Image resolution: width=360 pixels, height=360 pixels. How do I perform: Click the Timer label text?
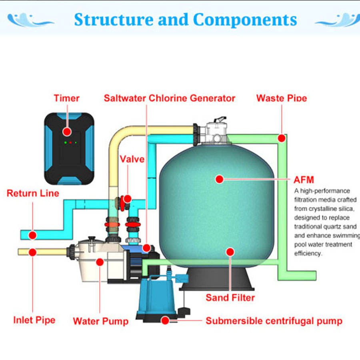pos(66,98)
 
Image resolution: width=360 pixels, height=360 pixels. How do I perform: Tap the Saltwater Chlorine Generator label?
pos(170,98)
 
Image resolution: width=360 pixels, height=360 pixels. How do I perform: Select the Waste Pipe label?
pos(282,98)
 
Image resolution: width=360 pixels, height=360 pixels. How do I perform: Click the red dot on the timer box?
pos(67,132)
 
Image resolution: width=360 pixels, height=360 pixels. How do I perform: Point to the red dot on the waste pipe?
pos(282,138)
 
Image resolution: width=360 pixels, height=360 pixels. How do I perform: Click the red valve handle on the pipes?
pos(122,203)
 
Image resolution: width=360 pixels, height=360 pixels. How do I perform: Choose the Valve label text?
pos(132,159)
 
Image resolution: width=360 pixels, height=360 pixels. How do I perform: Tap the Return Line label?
pos(33,193)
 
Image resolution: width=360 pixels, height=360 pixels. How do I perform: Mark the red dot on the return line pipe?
pos(33,235)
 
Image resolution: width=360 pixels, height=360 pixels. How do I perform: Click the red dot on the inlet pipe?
pos(33,252)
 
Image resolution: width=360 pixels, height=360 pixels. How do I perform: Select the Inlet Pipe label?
pos(34,320)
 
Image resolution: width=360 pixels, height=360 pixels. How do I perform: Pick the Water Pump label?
pos(100,321)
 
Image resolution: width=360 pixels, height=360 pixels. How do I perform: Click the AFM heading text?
pos(304,180)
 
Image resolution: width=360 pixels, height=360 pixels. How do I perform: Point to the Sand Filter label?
pos(230,298)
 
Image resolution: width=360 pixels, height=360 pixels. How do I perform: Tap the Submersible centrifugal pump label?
pos(274,321)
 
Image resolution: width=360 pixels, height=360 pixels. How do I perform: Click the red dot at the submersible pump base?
pos(165,320)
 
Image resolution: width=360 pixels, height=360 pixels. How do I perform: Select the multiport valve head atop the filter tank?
pos(216,132)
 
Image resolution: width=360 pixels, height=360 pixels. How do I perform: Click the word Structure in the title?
pos(114,20)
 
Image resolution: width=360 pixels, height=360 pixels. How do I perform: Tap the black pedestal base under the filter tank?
pos(216,279)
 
